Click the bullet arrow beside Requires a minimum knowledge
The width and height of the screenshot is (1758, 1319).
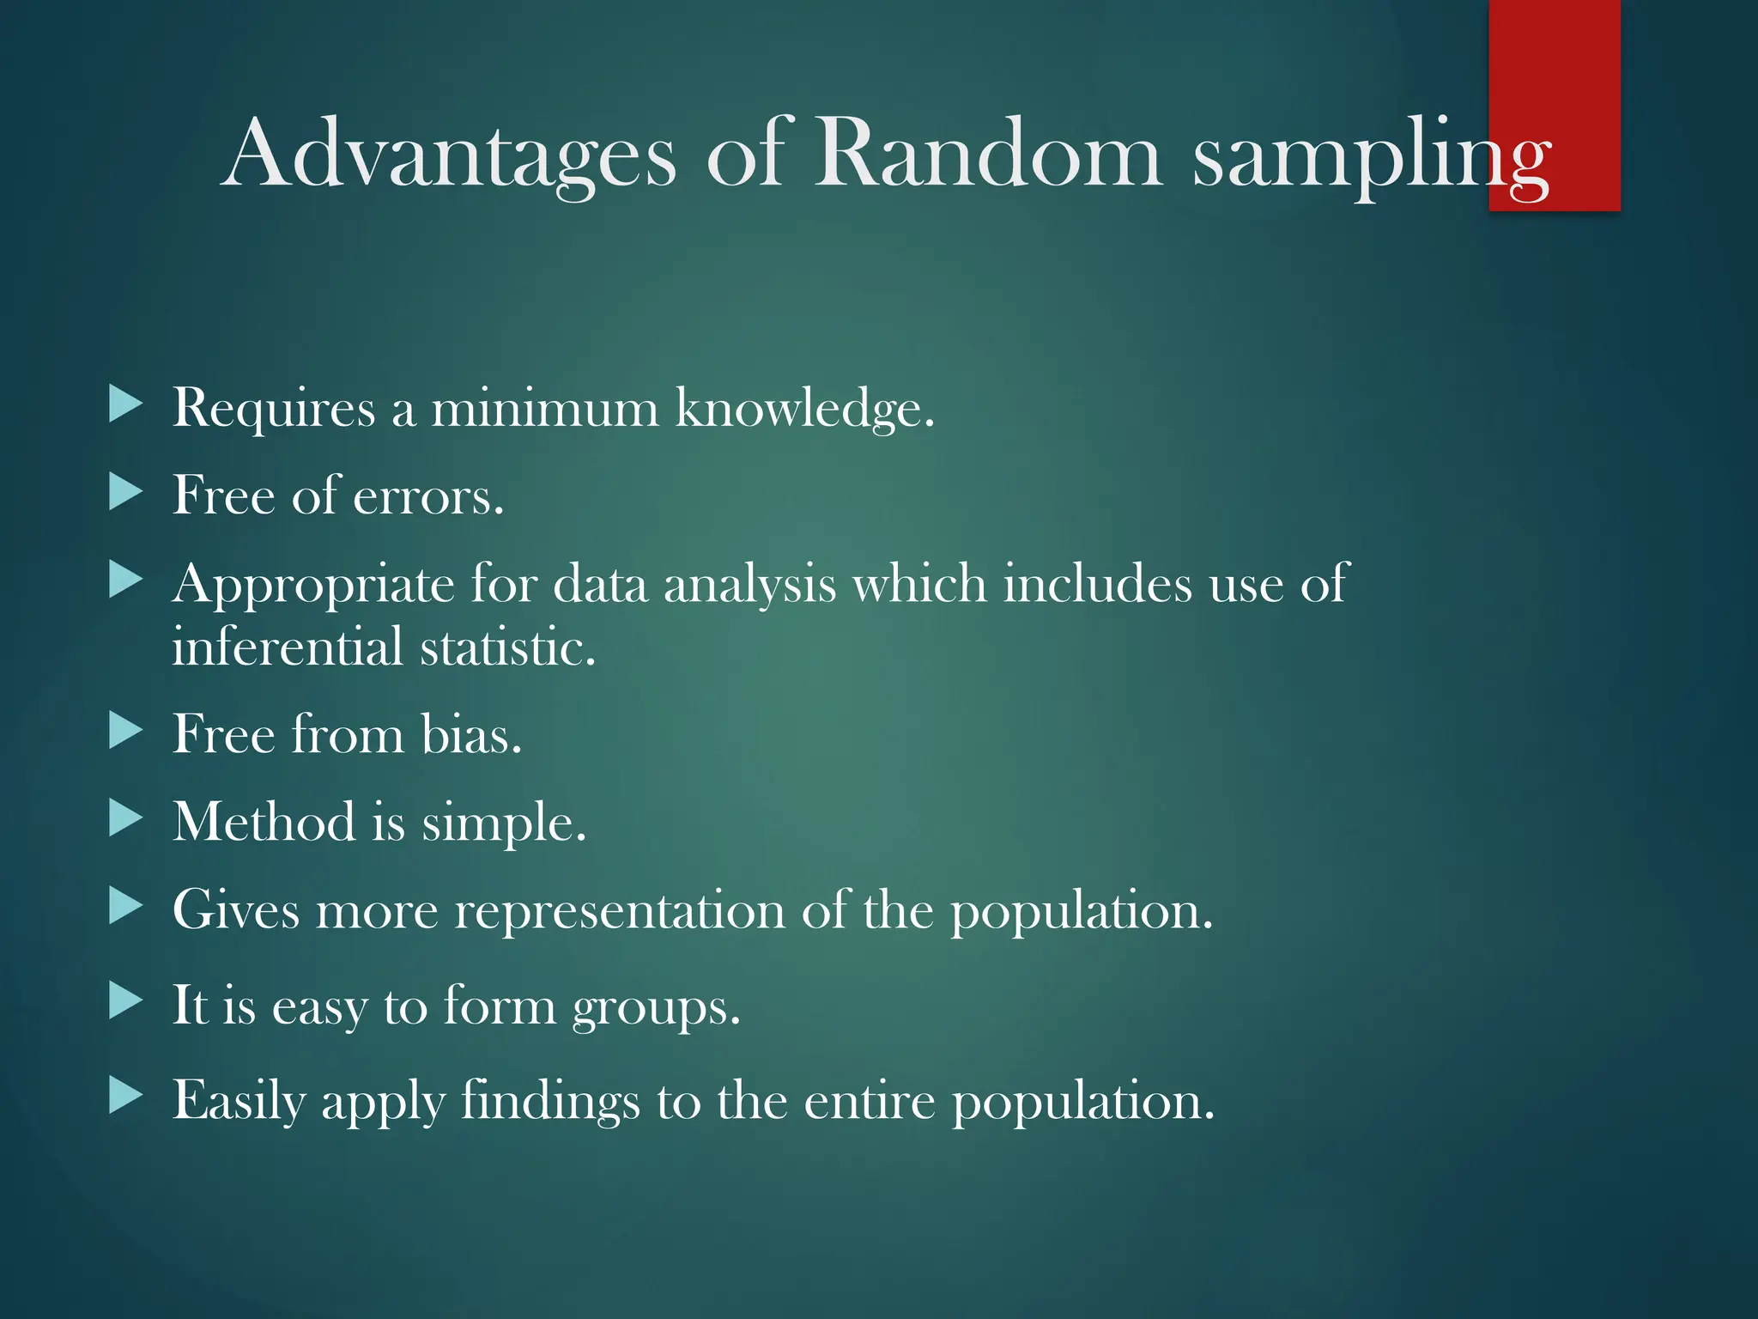pyautogui.click(x=125, y=404)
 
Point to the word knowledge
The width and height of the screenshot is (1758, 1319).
pyautogui.click(x=803, y=409)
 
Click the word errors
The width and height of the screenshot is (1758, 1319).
pyautogui.click(x=427, y=496)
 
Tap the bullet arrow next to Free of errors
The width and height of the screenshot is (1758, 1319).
pyautogui.click(x=125, y=493)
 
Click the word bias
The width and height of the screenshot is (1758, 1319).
pyautogui.click(x=470, y=735)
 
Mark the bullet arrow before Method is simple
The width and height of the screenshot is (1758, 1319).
pyautogui.click(x=125, y=819)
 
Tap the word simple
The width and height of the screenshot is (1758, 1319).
pyautogui.click(x=503, y=824)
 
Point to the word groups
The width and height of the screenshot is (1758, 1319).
pyautogui.click(x=656, y=1008)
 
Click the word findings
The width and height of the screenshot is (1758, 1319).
pyautogui.click(x=550, y=1102)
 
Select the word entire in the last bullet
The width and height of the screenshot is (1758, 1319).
pyautogui.click(x=869, y=1102)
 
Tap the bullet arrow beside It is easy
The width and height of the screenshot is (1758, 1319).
pyautogui.click(x=125, y=1000)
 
